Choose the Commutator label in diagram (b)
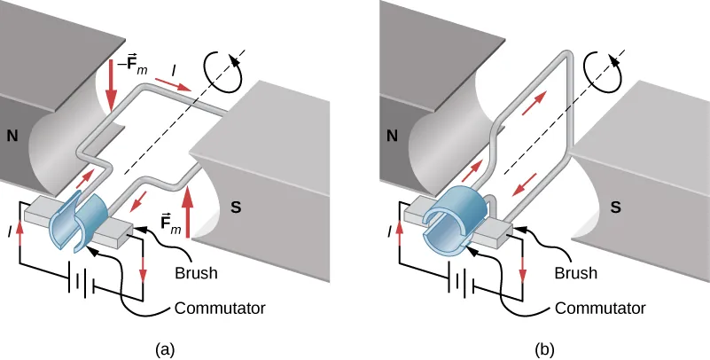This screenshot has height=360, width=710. tap(599, 309)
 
